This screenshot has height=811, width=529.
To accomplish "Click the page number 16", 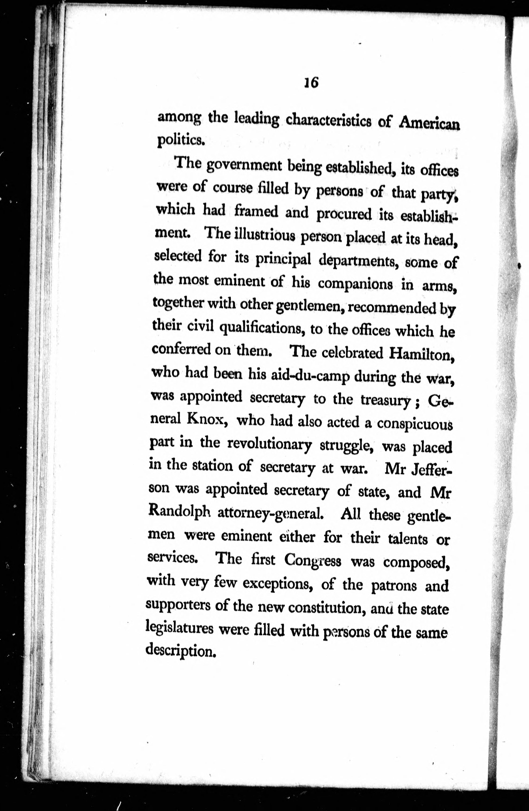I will coord(311,83).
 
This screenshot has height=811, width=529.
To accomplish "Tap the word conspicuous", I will coord(414,424).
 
